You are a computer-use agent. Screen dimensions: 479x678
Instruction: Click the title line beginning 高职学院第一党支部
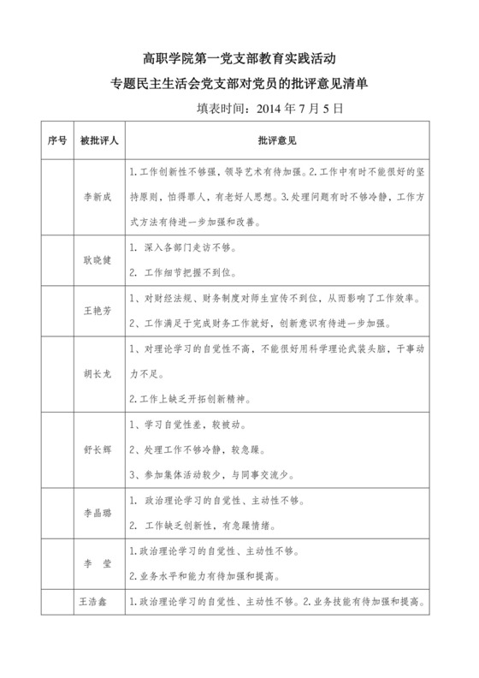pos(239,58)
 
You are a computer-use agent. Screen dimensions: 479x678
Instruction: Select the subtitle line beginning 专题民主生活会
pos(239,84)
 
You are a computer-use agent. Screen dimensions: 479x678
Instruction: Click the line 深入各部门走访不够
pos(184,249)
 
